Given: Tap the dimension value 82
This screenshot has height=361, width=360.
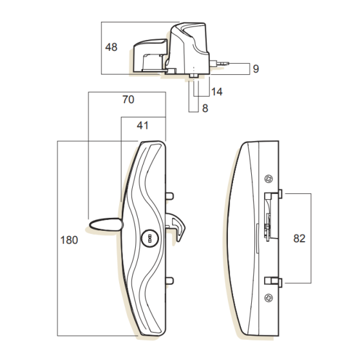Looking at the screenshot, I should pyautogui.click(x=298, y=238).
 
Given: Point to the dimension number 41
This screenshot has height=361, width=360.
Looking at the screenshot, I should pyautogui.click(x=144, y=126).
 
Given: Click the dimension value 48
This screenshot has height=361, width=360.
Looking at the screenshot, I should pyautogui.click(x=111, y=48).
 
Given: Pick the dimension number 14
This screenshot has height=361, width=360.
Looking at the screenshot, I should pyautogui.click(x=216, y=92).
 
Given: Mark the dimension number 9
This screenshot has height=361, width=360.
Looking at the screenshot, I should pyautogui.click(x=255, y=68).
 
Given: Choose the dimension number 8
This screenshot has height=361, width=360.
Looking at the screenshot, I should pyautogui.click(x=205, y=108).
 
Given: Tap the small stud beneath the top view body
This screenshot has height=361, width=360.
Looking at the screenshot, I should pyautogui.click(x=194, y=77).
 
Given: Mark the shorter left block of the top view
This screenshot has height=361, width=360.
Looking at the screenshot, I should pyautogui.click(x=149, y=57).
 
